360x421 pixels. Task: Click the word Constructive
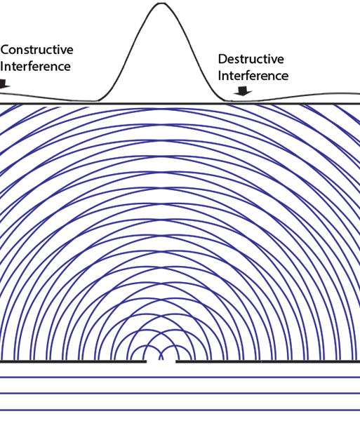click(36, 50)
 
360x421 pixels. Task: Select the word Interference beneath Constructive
click(35, 67)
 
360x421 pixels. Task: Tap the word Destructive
click(251, 59)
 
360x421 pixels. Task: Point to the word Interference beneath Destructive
click(253, 76)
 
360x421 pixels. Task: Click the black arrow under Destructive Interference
click(243, 91)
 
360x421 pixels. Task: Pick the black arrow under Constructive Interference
click(4, 83)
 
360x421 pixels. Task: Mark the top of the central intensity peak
click(161, 4)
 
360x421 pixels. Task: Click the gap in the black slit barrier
click(161, 361)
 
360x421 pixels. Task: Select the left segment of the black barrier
click(73, 361)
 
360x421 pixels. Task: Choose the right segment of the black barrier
click(268, 361)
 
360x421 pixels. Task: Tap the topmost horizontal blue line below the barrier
click(180, 377)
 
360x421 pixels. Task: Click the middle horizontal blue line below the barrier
click(180, 394)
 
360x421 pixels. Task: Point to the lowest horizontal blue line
click(180, 410)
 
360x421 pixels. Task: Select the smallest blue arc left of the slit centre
click(146, 347)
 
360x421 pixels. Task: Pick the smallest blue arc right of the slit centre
click(176, 347)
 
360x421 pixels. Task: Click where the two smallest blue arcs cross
click(161, 354)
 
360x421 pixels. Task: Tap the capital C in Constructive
click(5, 50)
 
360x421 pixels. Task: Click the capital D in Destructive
click(222, 59)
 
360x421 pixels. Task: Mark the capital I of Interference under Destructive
click(220, 76)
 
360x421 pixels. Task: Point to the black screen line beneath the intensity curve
click(180, 103)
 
